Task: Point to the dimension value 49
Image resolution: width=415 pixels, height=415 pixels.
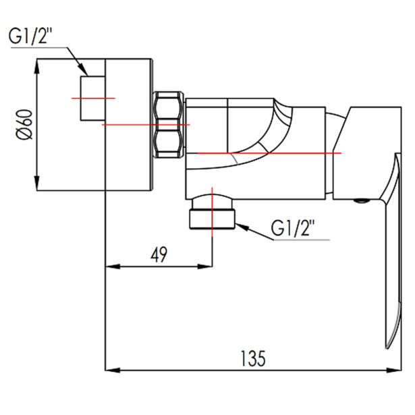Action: pyautogui.click(x=159, y=254)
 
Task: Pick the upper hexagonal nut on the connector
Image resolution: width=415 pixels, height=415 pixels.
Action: pyautogui.click(x=168, y=107)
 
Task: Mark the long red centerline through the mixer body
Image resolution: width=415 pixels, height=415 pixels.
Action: pyautogui.click(x=270, y=153)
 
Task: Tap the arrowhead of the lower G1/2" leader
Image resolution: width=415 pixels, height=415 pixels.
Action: pyautogui.click(x=238, y=223)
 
